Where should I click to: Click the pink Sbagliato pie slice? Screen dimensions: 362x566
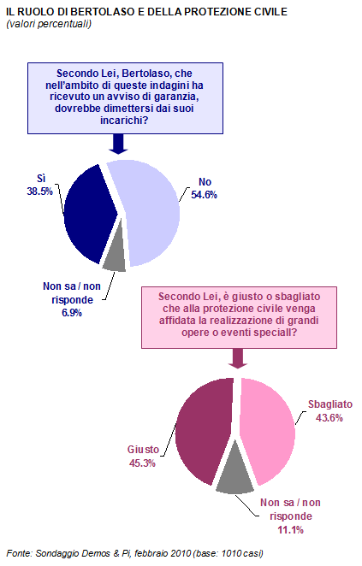tap(267, 429)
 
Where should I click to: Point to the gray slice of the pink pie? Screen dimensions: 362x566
tap(234, 473)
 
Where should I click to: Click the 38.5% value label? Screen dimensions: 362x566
tap(39, 192)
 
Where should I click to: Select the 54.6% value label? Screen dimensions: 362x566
tap(205, 195)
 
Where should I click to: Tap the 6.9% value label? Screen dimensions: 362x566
tap(72, 313)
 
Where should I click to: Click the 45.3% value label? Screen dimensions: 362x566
tap(142, 463)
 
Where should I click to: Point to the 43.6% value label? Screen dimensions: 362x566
tap(329, 417)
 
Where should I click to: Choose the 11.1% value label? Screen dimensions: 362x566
tap(290, 529)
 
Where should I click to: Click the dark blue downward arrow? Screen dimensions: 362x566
tap(118, 144)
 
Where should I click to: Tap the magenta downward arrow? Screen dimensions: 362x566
tap(238, 358)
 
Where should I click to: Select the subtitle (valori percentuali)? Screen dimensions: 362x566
tap(49, 24)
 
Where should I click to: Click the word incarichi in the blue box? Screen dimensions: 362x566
tap(120, 121)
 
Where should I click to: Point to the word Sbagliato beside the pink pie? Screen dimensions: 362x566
tap(330, 404)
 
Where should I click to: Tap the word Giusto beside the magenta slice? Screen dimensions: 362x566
tap(143, 450)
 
